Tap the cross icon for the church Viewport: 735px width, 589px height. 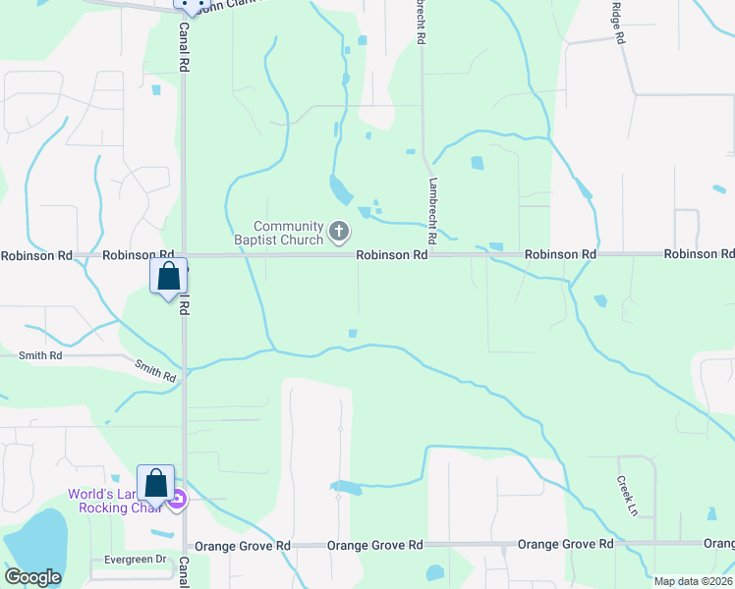tap(339, 232)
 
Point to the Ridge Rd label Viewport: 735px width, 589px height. tap(618, 23)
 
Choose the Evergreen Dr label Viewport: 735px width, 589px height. tap(135, 560)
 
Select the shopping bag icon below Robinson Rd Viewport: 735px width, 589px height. tap(168, 275)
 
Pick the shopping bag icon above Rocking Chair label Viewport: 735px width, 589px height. tap(155, 481)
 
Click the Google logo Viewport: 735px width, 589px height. tap(32, 577)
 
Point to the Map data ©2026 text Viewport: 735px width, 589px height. tap(693, 581)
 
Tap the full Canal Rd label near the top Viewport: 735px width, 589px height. tap(184, 47)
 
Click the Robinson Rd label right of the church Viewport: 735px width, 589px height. tap(392, 254)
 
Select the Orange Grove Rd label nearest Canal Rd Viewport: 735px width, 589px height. tap(243, 546)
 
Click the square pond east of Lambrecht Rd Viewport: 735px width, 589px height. tap(478, 163)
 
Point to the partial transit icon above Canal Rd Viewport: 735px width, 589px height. tap(192, 5)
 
